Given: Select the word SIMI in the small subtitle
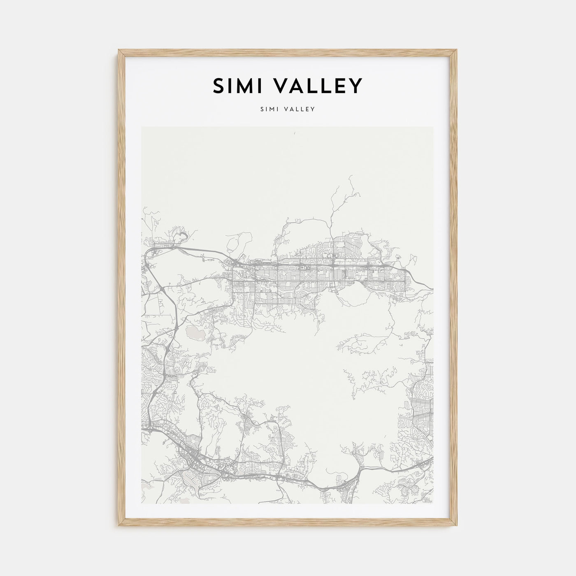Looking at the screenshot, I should click(268, 109).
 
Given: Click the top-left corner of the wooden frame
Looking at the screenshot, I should click(118, 50).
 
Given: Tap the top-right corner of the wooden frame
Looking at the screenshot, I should click(457, 50).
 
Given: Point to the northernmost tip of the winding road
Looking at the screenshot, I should click(350, 176).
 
